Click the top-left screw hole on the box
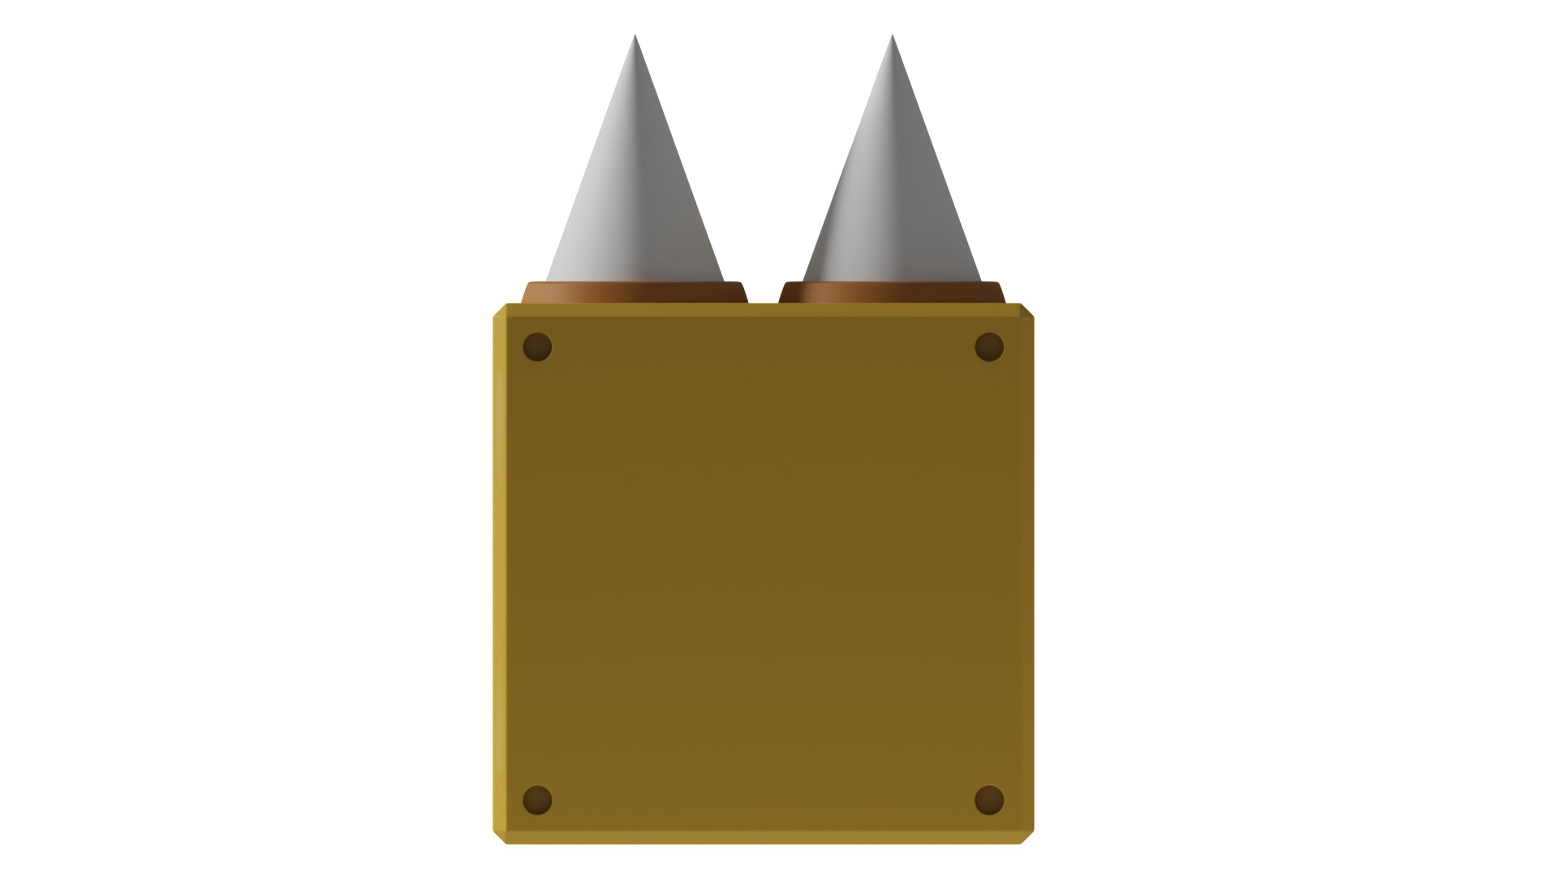(537, 347)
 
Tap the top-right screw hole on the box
(988, 347)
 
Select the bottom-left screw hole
(537, 800)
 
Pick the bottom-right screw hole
(988, 800)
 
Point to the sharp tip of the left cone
(635, 36)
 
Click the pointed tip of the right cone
(892, 36)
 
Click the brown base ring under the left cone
(635, 293)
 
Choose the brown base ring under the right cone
(892, 293)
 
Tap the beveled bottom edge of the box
(763, 837)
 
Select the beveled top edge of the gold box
(763, 309)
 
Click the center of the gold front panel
(763, 573)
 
